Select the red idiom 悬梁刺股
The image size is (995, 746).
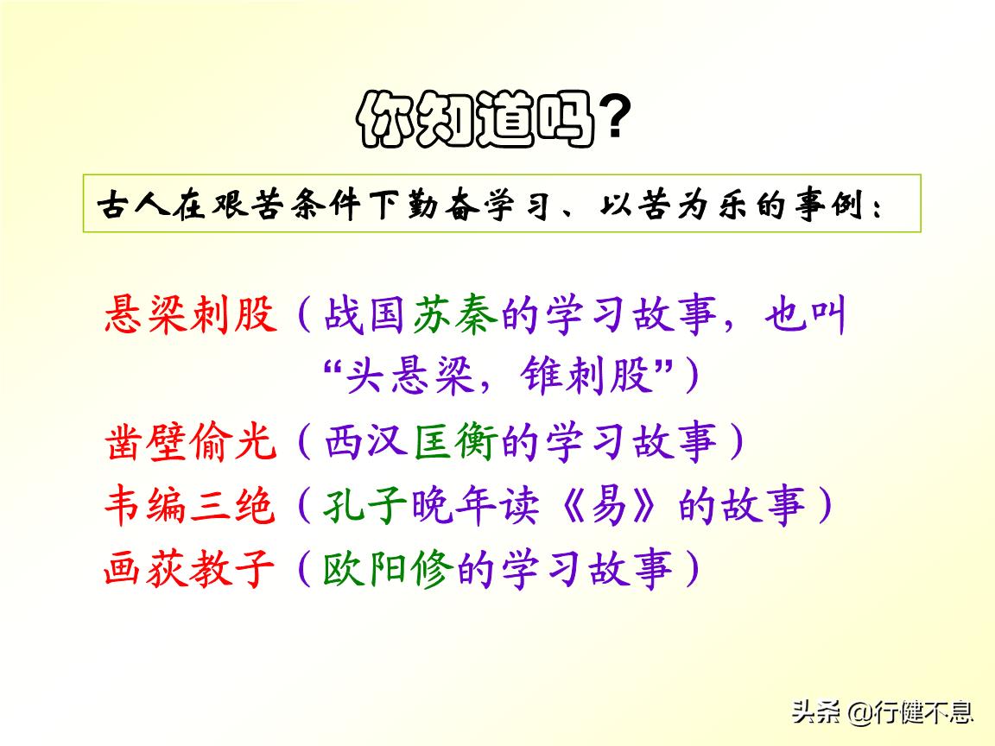point(191,317)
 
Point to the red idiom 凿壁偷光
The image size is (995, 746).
point(191,443)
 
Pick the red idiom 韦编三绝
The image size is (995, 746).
point(191,506)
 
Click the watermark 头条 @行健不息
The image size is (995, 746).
point(883,712)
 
